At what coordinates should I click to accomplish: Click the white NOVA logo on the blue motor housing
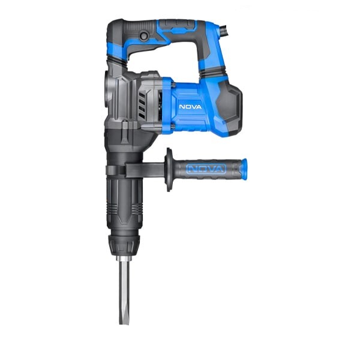click(190, 107)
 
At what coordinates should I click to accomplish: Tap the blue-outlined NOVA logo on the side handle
click(206, 169)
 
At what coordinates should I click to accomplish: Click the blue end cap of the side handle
click(243, 169)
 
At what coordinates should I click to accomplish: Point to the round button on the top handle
click(145, 35)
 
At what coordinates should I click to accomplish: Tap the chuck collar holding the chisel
click(124, 245)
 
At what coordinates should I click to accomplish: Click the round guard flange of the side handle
click(169, 169)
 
